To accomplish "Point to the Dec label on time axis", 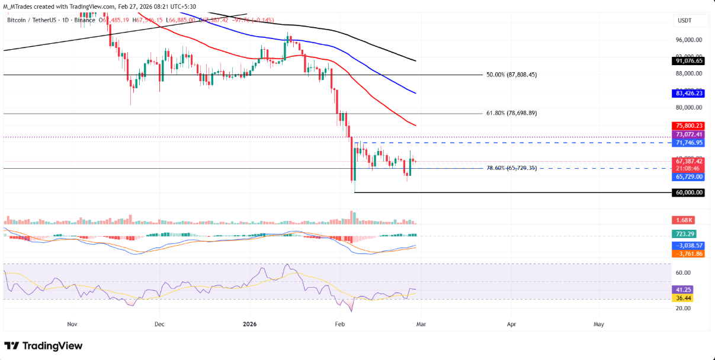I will [x=159, y=324].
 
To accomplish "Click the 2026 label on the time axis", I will [x=249, y=324].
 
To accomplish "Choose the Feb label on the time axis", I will [x=339, y=324].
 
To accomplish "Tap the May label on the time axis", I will [x=599, y=324].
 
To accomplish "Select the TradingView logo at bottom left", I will [x=44, y=346].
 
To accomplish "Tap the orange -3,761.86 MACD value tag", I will [x=688, y=253].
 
